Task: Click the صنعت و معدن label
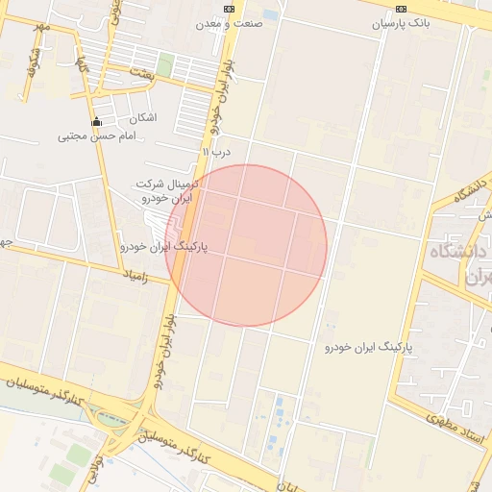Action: pyautogui.click(x=229, y=25)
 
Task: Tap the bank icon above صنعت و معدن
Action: pyautogui.click(x=228, y=9)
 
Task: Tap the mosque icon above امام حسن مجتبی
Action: pyautogui.click(x=96, y=122)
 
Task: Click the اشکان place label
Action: pyautogui.click(x=141, y=117)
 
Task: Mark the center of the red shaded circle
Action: pyautogui.click(x=246, y=245)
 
